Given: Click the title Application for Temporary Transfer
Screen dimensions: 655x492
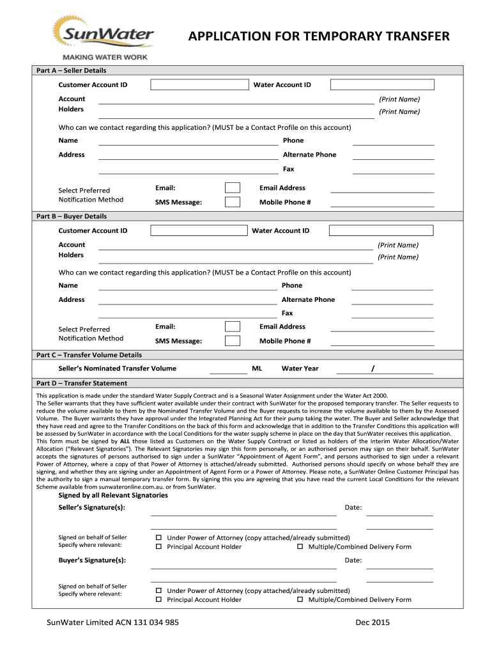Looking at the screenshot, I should pyautogui.click(x=319, y=36).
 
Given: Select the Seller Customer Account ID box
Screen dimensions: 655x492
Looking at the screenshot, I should pyautogui.click(x=199, y=84).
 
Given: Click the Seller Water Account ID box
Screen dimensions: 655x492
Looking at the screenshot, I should pyautogui.click(x=382, y=84).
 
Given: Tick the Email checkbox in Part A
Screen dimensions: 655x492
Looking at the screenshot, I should pyautogui.click(x=233, y=187).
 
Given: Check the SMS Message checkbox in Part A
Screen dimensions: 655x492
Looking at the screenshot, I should pyautogui.click(x=233, y=202).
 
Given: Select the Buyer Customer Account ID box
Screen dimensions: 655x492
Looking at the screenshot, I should pyautogui.click(x=199, y=230).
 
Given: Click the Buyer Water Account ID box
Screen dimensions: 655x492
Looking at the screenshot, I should pyautogui.click(x=381, y=230).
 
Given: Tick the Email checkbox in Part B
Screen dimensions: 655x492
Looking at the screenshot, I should pyautogui.click(x=233, y=326).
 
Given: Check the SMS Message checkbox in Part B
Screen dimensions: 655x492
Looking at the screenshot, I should pyautogui.click(x=233, y=341).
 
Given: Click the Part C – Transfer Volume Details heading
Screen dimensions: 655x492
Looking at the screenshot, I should pyautogui.click(x=89, y=354).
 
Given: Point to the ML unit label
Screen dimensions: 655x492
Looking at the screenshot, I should pyautogui.click(x=257, y=368).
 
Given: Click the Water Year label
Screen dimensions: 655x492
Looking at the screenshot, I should pyautogui.click(x=300, y=368).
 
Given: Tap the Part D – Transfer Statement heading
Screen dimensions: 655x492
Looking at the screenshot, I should pyautogui.click(x=81, y=383).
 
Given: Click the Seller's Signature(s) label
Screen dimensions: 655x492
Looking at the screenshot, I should pyautogui.click(x=91, y=507).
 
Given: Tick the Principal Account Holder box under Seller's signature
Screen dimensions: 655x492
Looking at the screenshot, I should pyautogui.click(x=160, y=547).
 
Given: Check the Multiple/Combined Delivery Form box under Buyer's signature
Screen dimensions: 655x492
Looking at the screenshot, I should pyautogui.click(x=300, y=600).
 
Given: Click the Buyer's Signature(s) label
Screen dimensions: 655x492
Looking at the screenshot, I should pyautogui.click(x=92, y=560).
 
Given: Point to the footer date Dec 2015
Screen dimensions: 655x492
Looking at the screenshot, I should pyautogui.click(x=372, y=622).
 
